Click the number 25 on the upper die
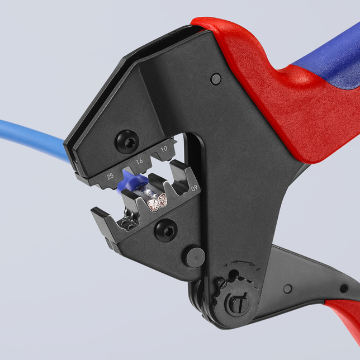(111, 176)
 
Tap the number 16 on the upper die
(139, 162)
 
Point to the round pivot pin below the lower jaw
(193, 257)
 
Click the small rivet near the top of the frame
(216, 79)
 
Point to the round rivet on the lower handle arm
(287, 288)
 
